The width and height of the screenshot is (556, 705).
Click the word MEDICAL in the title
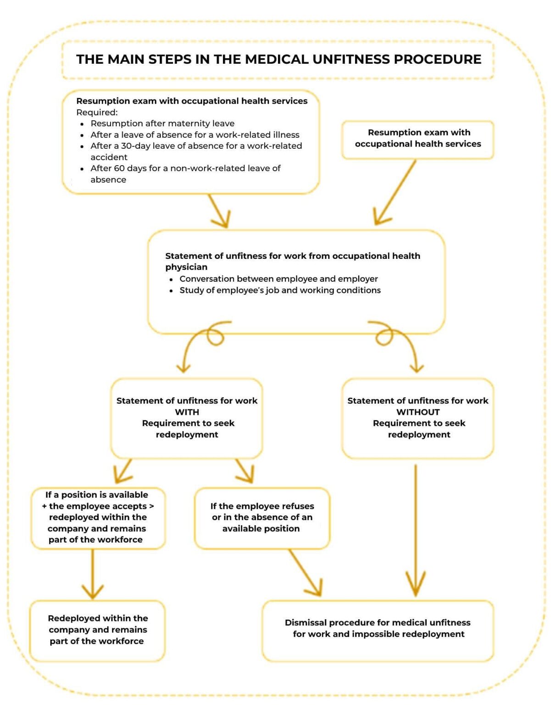(276, 59)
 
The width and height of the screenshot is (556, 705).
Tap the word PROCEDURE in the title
(438, 59)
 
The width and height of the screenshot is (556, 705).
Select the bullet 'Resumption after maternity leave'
(162, 123)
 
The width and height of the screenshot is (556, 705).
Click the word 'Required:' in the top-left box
(97, 112)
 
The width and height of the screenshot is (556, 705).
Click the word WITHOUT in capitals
(418, 412)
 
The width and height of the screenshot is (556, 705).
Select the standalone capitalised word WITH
(187, 412)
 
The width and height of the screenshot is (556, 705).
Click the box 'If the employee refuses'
(262, 518)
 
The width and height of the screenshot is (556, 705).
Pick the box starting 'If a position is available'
(98, 518)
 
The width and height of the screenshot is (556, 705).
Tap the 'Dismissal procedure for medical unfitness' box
(378, 631)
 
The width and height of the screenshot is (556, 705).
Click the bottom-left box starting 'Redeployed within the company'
(97, 631)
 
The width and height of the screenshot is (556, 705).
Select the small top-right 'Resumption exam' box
(418, 140)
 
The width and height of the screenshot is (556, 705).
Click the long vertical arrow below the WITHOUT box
(416, 530)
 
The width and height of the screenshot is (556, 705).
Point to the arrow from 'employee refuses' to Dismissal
(305, 573)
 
